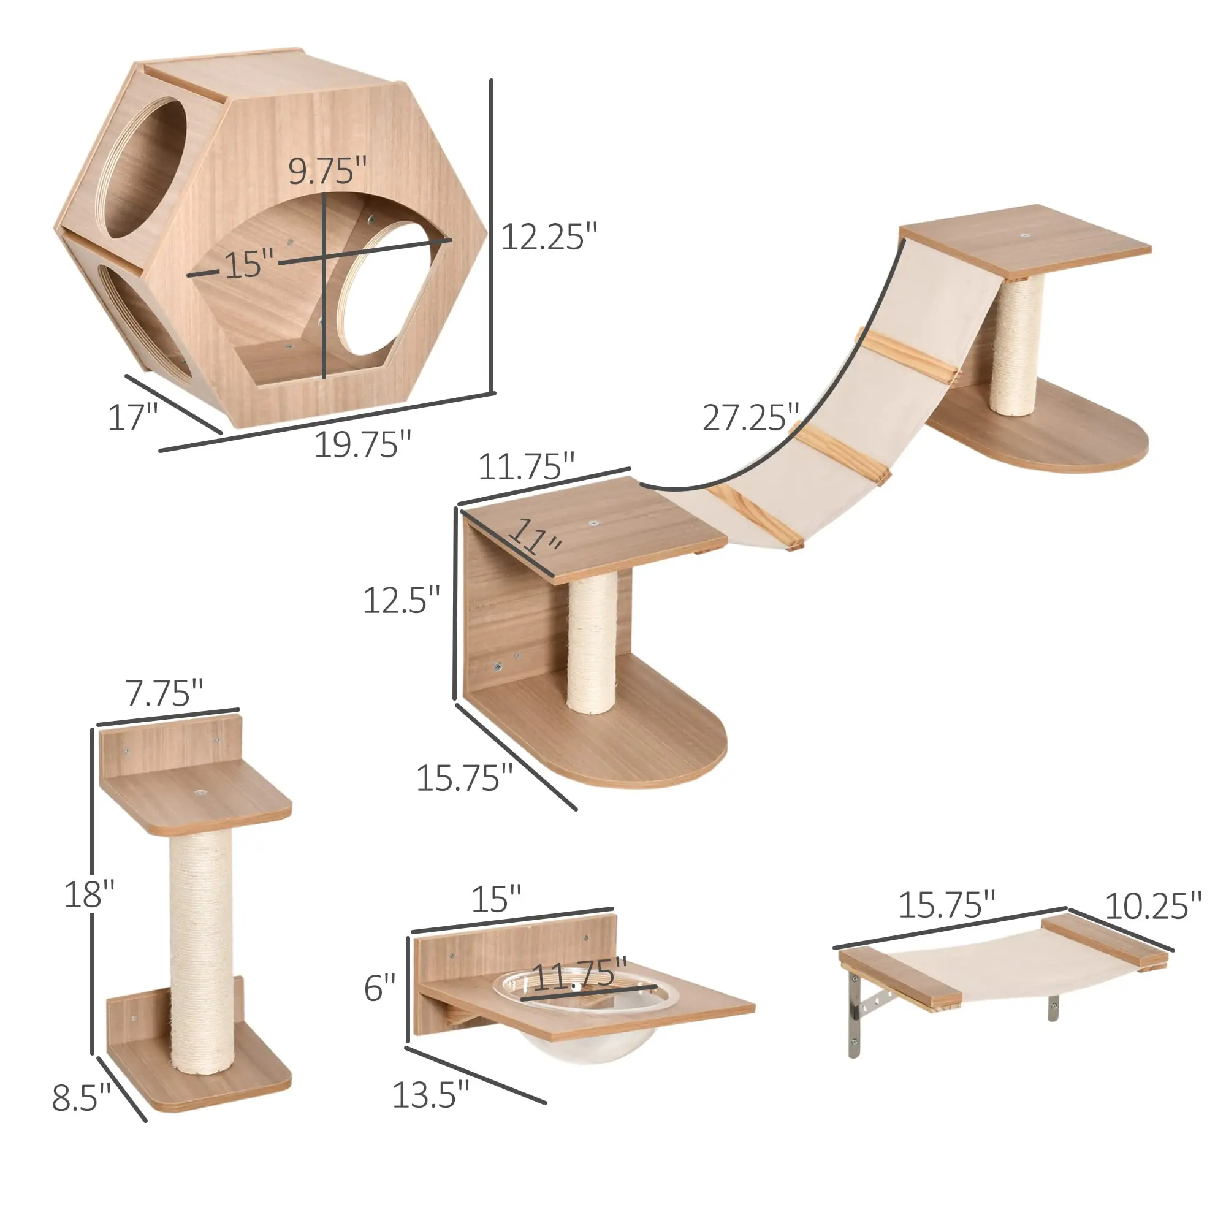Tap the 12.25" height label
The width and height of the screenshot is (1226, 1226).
pyautogui.click(x=549, y=237)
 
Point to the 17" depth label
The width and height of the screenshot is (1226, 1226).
pyautogui.click(x=132, y=417)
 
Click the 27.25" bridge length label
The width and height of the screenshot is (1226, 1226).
pyautogui.click(x=750, y=417)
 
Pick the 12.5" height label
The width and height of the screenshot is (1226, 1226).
pyautogui.click(x=401, y=600)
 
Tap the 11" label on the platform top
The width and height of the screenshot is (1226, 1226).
pyautogui.click(x=537, y=535)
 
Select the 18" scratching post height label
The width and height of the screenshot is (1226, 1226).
pyautogui.click(x=89, y=894)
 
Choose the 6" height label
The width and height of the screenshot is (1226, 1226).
pyautogui.click(x=379, y=988)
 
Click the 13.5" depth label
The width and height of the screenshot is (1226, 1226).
pyautogui.click(x=430, y=1095)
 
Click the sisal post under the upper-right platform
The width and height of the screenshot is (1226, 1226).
pyautogui.click(x=1013, y=346)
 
